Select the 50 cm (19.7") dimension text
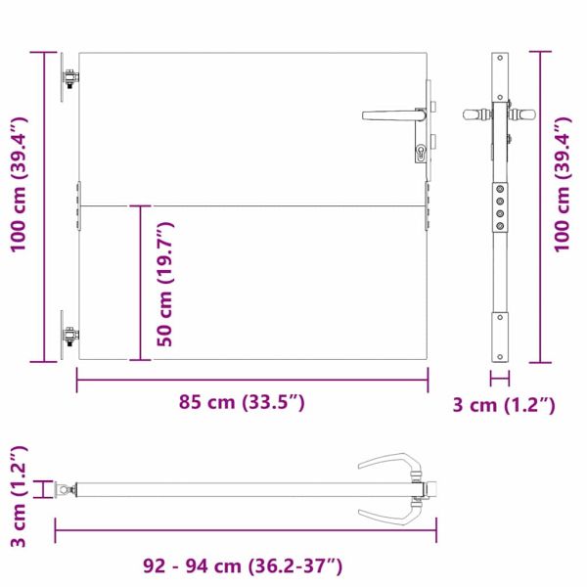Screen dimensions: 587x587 click(x=166, y=284)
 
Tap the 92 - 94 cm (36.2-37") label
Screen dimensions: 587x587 click(x=243, y=565)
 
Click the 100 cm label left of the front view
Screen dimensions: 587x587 click(x=18, y=185)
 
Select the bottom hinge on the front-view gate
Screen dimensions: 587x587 click(x=70, y=336)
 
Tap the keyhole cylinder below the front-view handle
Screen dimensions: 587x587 click(x=421, y=152)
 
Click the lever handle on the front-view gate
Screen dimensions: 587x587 click(x=391, y=114)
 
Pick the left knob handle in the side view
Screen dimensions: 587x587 click(x=475, y=114)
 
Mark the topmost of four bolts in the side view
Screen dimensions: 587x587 click(x=500, y=190)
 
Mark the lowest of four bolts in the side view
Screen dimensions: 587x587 click(x=500, y=224)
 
